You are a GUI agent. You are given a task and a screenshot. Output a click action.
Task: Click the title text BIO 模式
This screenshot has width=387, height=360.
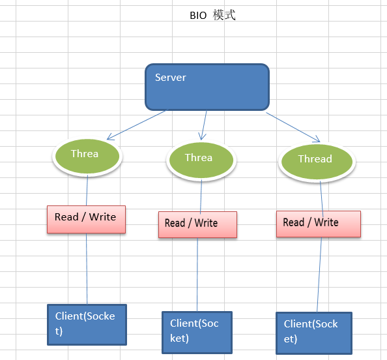(x=212, y=16)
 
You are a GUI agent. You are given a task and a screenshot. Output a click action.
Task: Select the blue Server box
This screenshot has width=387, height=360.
(x=207, y=87)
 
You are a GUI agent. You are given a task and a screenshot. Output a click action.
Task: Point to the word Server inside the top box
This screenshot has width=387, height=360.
(x=171, y=78)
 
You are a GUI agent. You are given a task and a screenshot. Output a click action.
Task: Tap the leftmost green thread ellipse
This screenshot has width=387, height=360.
(x=87, y=155)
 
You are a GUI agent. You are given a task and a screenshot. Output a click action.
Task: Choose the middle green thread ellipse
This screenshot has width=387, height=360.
(x=200, y=159)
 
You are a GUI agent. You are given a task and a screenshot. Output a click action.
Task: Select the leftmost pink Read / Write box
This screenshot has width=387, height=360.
(x=86, y=219)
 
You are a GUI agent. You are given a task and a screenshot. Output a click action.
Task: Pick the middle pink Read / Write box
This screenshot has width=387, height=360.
(x=197, y=224)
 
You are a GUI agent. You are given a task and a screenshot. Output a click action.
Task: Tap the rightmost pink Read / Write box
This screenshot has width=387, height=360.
(x=318, y=223)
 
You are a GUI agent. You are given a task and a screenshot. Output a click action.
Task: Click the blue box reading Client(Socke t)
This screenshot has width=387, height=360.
(x=87, y=324)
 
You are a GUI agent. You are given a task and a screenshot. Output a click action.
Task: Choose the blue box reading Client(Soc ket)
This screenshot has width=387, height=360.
(x=197, y=331)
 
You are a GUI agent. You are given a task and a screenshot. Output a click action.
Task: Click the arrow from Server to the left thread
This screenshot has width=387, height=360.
(x=137, y=124)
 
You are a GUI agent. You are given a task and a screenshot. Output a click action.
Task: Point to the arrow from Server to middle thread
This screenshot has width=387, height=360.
(x=203, y=124)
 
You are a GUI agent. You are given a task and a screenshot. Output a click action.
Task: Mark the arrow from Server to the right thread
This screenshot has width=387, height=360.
(x=293, y=126)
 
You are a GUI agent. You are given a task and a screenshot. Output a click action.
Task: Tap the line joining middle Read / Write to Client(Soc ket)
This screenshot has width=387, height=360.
(x=197, y=274)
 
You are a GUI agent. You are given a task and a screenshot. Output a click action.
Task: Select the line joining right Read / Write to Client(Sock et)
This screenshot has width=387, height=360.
(x=319, y=274)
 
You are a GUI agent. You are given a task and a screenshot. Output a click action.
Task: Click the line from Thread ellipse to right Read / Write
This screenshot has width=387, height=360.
(x=321, y=194)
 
